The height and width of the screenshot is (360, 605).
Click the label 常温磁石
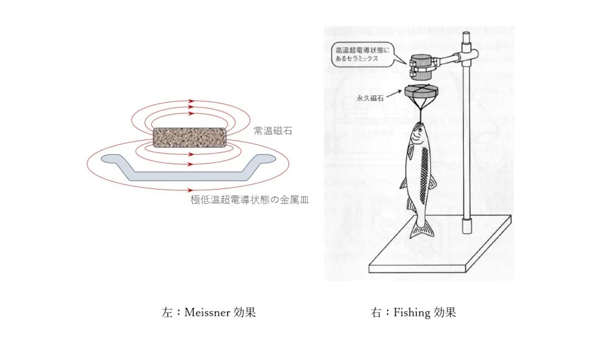point(273,131)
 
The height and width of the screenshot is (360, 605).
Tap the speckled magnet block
point(189,138)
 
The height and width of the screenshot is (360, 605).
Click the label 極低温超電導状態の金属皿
point(250,200)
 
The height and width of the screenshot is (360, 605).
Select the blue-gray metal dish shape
point(188,168)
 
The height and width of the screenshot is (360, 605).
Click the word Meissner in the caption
point(207,312)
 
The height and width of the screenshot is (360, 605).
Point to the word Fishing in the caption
point(411,312)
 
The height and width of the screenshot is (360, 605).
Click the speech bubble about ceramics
point(362,55)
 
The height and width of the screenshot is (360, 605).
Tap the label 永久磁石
point(370,98)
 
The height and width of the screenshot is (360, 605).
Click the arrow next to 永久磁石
point(394,93)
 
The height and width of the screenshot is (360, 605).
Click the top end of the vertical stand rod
point(466,33)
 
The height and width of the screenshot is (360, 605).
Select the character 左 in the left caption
point(167,312)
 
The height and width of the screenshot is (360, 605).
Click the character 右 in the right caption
point(376,312)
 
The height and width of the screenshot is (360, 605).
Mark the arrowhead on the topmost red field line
point(191,101)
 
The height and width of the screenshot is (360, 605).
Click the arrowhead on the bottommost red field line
point(190,190)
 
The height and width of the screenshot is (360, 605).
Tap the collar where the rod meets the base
point(468,226)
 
